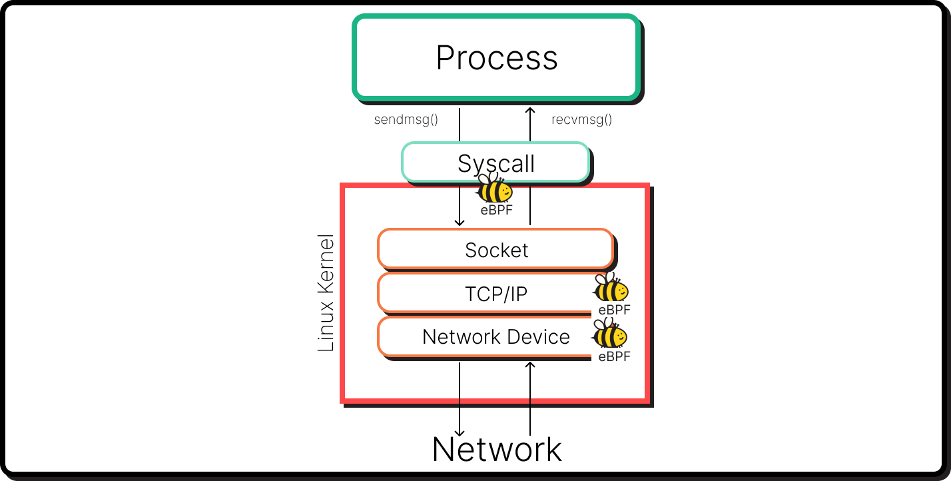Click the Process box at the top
click(496, 58)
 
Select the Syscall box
click(495, 163)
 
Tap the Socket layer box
click(495, 250)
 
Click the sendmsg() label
click(406, 120)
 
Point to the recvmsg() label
click(581, 120)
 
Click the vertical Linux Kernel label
click(326, 293)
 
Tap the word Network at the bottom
click(497, 450)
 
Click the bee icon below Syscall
click(494, 189)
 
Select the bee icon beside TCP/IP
click(611, 288)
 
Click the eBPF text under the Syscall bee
click(497, 211)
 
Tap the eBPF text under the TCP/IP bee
click(613, 310)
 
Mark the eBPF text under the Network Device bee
click(613, 356)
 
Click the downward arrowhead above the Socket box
click(460, 222)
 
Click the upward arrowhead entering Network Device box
click(530, 365)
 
